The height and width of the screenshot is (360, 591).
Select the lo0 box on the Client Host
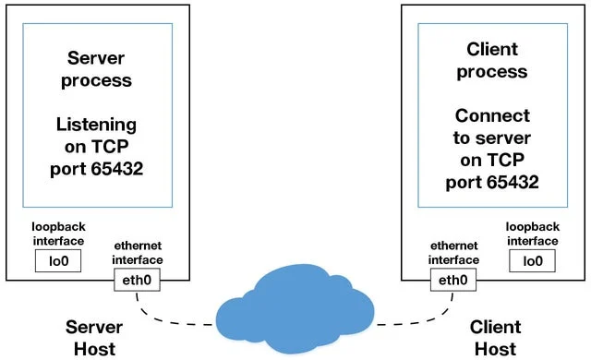532,261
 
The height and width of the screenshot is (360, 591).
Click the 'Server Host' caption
90,338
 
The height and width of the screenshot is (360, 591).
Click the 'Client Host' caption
495,338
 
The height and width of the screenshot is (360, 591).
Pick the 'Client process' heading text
492,60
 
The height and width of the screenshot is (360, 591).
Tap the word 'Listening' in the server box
96,125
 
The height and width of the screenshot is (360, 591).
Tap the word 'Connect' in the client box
492,116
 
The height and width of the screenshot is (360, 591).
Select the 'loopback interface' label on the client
532,233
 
